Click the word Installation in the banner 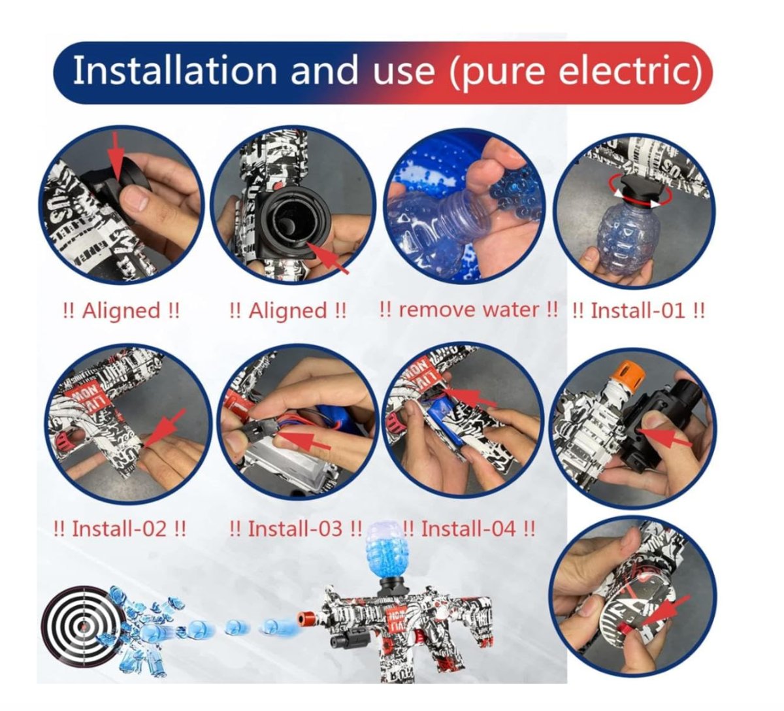(175, 71)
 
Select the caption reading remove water (468, 310)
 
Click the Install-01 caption (638, 311)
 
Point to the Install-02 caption (120, 529)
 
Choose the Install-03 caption (295, 529)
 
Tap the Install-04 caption (468, 529)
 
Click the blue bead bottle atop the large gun (382, 551)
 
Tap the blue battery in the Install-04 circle (446, 422)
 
